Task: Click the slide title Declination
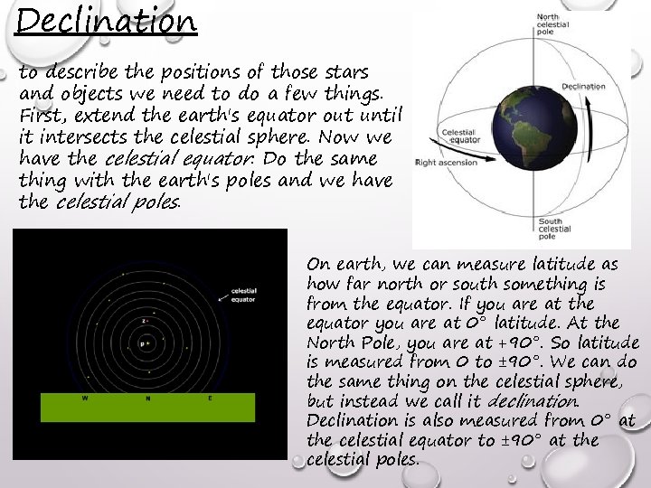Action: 106,20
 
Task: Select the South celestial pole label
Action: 554,229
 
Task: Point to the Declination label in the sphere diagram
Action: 583,87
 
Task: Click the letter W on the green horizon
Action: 86,398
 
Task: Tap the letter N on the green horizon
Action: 147,398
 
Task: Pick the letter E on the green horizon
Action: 210,398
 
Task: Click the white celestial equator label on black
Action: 244,295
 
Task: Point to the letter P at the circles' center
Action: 140,344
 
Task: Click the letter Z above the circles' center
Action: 144,321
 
